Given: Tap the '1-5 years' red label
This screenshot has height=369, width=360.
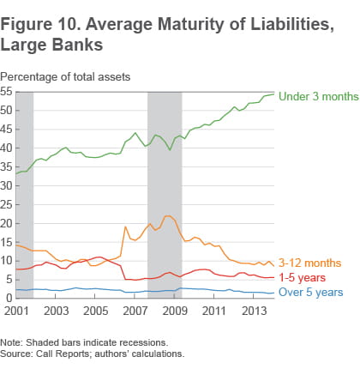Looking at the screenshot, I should (x=304, y=278).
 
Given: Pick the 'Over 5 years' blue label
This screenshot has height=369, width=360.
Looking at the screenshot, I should (x=312, y=293).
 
